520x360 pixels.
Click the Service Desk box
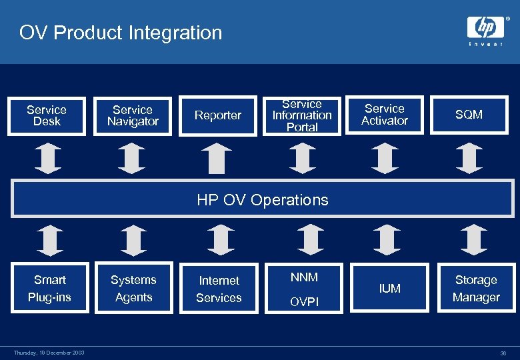(47, 115)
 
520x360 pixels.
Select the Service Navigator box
(133, 115)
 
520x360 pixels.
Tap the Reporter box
(217, 115)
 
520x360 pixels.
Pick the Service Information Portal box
(302, 115)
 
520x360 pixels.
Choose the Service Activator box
(385, 115)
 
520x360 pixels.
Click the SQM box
(469, 115)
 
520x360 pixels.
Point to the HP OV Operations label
(263, 200)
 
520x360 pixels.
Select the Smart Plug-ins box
(50, 289)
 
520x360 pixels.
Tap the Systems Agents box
(133, 289)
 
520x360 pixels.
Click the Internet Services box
(219, 289)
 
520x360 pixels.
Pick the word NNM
(304, 277)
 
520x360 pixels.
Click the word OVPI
(304, 302)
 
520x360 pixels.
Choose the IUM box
(389, 289)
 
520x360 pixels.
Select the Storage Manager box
(475, 289)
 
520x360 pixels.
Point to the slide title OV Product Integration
(121, 33)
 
